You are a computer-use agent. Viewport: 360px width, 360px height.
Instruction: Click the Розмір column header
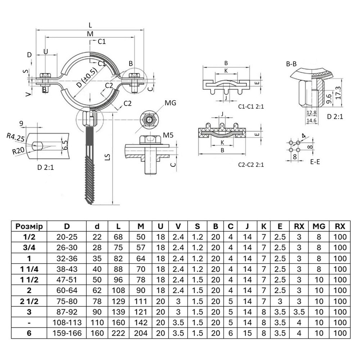(29, 226)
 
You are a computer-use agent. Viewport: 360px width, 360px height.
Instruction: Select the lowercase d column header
(97, 226)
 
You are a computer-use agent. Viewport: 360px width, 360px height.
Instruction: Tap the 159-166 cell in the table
(67, 333)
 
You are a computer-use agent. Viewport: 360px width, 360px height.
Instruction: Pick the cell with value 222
(118, 333)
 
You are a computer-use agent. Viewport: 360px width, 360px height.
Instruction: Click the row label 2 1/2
(29, 301)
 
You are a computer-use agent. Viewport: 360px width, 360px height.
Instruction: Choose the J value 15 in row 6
(247, 333)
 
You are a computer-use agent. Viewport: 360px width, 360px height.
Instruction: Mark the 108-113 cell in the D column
(67, 323)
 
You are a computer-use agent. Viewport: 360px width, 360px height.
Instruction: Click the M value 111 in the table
(141, 301)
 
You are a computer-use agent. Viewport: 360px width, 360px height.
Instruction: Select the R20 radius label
(19, 151)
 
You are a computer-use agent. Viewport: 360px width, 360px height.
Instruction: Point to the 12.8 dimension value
(311, 112)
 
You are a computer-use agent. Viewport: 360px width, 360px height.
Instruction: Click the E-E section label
(315, 162)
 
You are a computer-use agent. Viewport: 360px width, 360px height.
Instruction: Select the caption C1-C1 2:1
(251, 107)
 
